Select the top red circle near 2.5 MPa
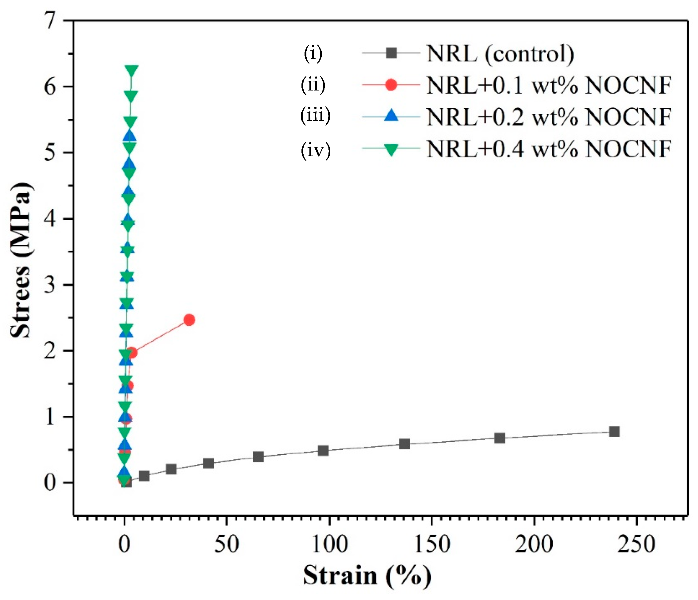pos(189,320)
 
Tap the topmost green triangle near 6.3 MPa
pos(131,70)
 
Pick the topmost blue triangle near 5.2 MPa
pos(129,136)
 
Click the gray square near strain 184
pos(500,438)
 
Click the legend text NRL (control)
pos(500,54)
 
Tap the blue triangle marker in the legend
pos(391,116)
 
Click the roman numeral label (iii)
pos(315,116)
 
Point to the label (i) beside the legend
pos(313,54)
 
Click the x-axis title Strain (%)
pos(367,576)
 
